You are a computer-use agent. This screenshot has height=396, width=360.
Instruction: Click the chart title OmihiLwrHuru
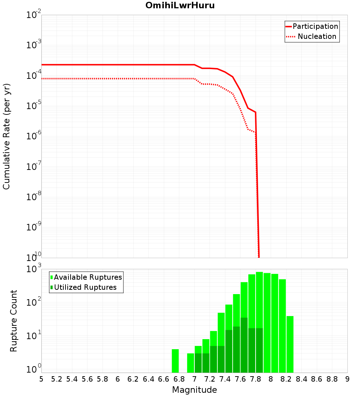(180, 5)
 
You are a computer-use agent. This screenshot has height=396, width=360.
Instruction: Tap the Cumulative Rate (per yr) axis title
(6, 136)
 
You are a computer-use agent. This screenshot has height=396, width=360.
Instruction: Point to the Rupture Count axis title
(14, 321)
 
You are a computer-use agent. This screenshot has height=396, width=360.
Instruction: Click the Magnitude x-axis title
(194, 390)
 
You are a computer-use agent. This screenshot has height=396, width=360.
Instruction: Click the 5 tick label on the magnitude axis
(41, 379)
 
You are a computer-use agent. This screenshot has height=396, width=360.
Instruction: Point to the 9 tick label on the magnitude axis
(347, 379)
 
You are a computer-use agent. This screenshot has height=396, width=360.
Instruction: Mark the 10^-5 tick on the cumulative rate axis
(32, 106)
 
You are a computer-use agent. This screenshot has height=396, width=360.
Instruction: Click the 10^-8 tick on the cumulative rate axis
(32, 197)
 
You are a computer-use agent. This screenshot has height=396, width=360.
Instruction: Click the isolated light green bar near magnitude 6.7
(175, 361)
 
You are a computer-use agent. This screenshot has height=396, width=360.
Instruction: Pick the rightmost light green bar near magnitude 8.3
(290, 344)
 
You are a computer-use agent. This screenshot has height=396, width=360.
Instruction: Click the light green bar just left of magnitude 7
(190, 363)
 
